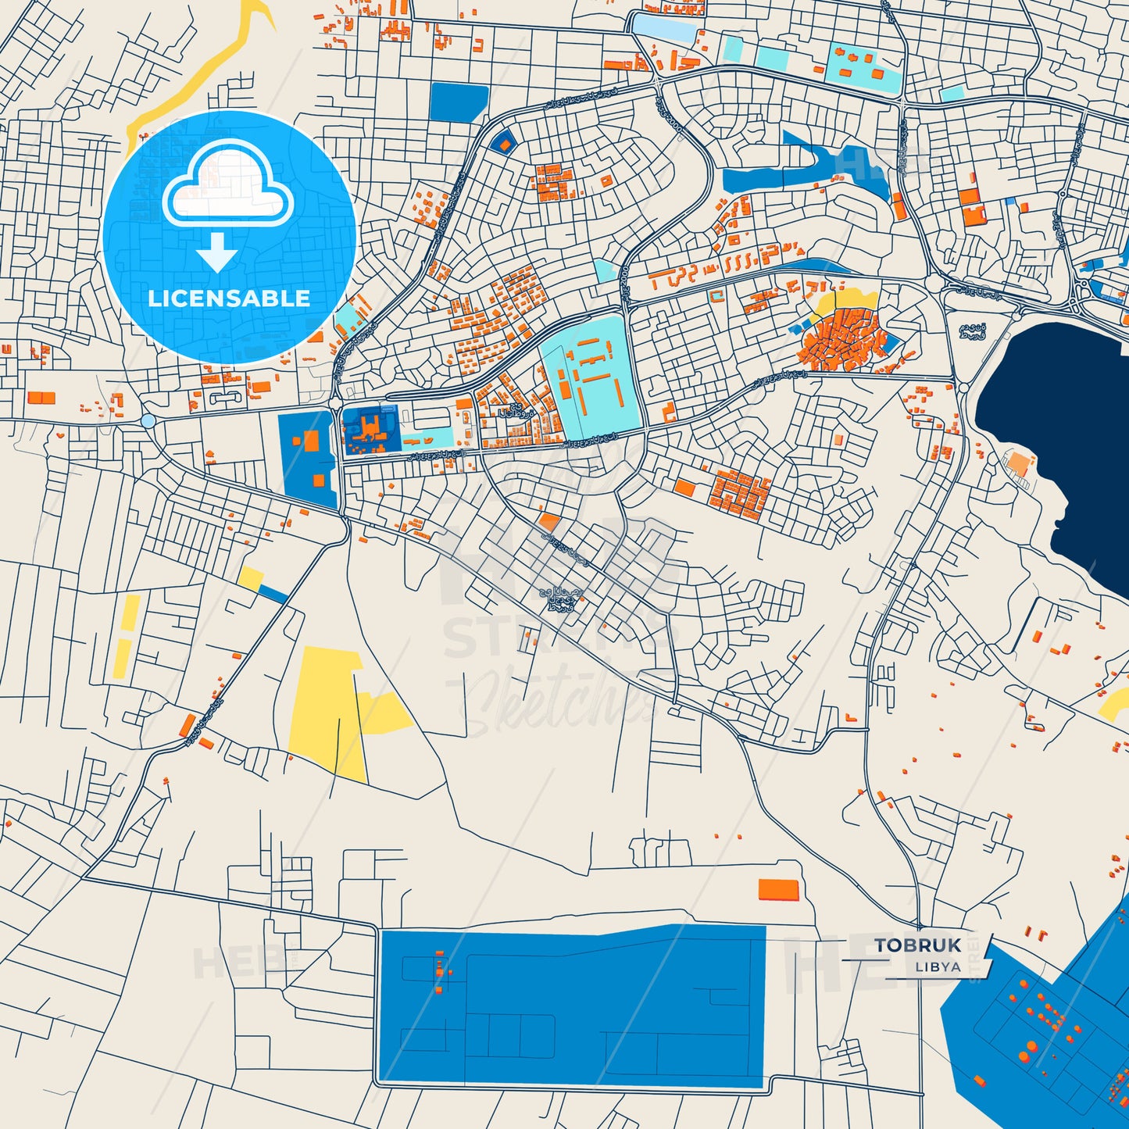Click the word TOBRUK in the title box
(x=918, y=945)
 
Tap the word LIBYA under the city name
(x=938, y=966)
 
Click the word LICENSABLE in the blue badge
(x=229, y=298)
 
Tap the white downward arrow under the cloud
(x=216, y=252)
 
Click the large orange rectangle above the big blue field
(x=779, y=889)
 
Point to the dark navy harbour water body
(x=1063, y=438)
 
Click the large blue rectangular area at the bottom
(x=570, y=1008)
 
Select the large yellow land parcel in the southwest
(x=328, y=711)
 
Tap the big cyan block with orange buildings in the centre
(x=591, y=379)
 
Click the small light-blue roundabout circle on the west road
(x=148, y=420)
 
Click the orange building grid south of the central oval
(x=738, y=492)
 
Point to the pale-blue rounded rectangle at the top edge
(x=664, y=27)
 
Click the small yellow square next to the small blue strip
(x=251, y=578)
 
